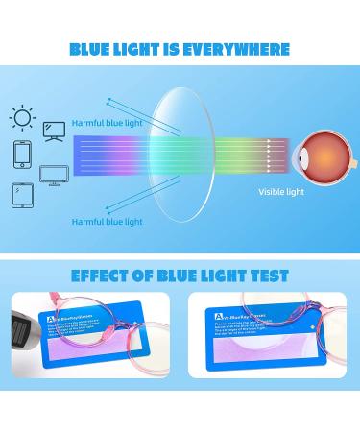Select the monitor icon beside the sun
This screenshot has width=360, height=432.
point(54,129)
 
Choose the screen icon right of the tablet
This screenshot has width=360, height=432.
point(52,175)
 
